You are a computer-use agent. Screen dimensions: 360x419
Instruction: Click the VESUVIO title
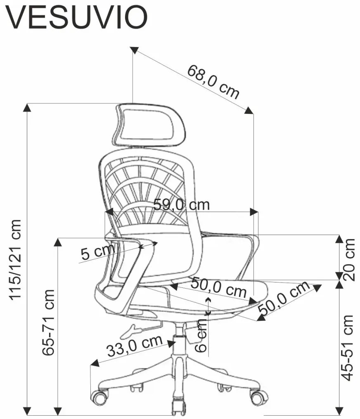tap(76, 17)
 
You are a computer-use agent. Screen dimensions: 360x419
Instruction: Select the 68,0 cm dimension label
tap(213, 82)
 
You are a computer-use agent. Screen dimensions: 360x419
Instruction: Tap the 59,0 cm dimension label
tap(181, 205)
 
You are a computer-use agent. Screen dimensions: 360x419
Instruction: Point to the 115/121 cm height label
tap(15, 259)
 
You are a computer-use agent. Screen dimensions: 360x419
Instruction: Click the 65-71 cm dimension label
tap(48, 322)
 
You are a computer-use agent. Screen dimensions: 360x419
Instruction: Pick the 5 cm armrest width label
tap(97, 252)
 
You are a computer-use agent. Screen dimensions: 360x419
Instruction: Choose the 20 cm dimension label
tap(349, 260)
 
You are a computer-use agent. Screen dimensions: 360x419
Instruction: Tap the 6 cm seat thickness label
tap(201, 336)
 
